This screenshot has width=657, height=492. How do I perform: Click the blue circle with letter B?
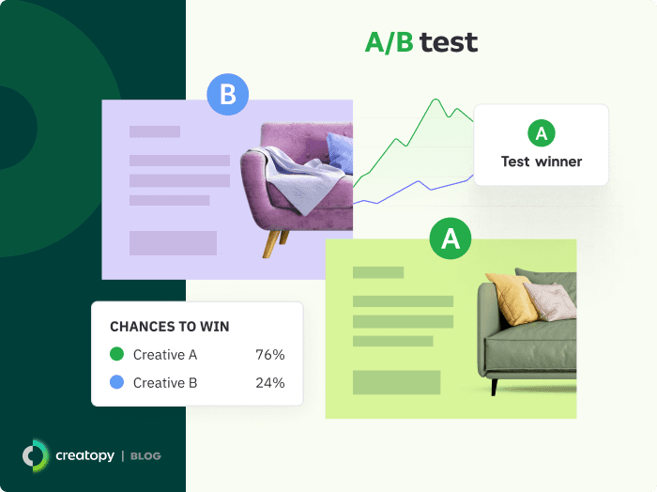pyautogui.click(x=227, y=95)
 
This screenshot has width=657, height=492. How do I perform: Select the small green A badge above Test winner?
pyautogui.click(x=541, y=133)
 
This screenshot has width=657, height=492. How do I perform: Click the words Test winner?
pyautogui.click(x=542, y=161)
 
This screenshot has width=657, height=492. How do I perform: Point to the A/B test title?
pyautogui.click(x=420, y=42)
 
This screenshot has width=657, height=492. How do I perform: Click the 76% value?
pyautogui.click(x=270, y=355)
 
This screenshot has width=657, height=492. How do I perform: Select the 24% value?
pyautogui.click(x=270, y=383)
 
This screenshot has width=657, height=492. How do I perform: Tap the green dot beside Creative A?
pyautogui.click(x=116, y=355)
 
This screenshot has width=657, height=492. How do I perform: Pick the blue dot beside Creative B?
pyautogui.click(x=116, y=383)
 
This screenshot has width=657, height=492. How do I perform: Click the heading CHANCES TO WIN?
pyautogui.click(x=170, y=327)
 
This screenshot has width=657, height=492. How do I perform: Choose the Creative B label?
pyautogui.click(x=165, y=383)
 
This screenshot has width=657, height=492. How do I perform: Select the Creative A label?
pyautogui.click(x=165, y=355)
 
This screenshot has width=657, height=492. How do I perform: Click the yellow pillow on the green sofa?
pyautogui.click(x=512, y=299)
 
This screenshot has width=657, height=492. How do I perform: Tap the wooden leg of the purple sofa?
pyautogui.click(x=272, y=243)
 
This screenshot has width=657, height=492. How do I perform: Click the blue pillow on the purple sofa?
pyautogui.click(x=340, y=150)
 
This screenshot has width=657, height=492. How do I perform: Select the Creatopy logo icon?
pyautogui.click(x=36, y=455)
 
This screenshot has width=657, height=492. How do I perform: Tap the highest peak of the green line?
pyautogui.click(x=435, y=99)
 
